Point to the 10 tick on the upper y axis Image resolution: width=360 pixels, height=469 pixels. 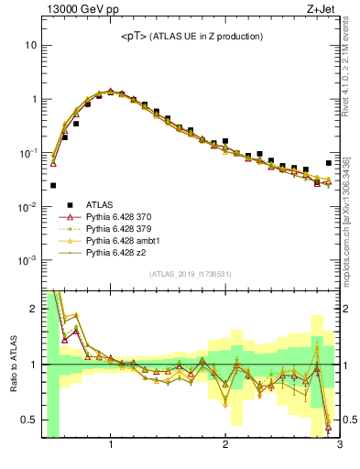click(31, 45)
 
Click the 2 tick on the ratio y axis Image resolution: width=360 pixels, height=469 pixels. click(33, 310)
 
